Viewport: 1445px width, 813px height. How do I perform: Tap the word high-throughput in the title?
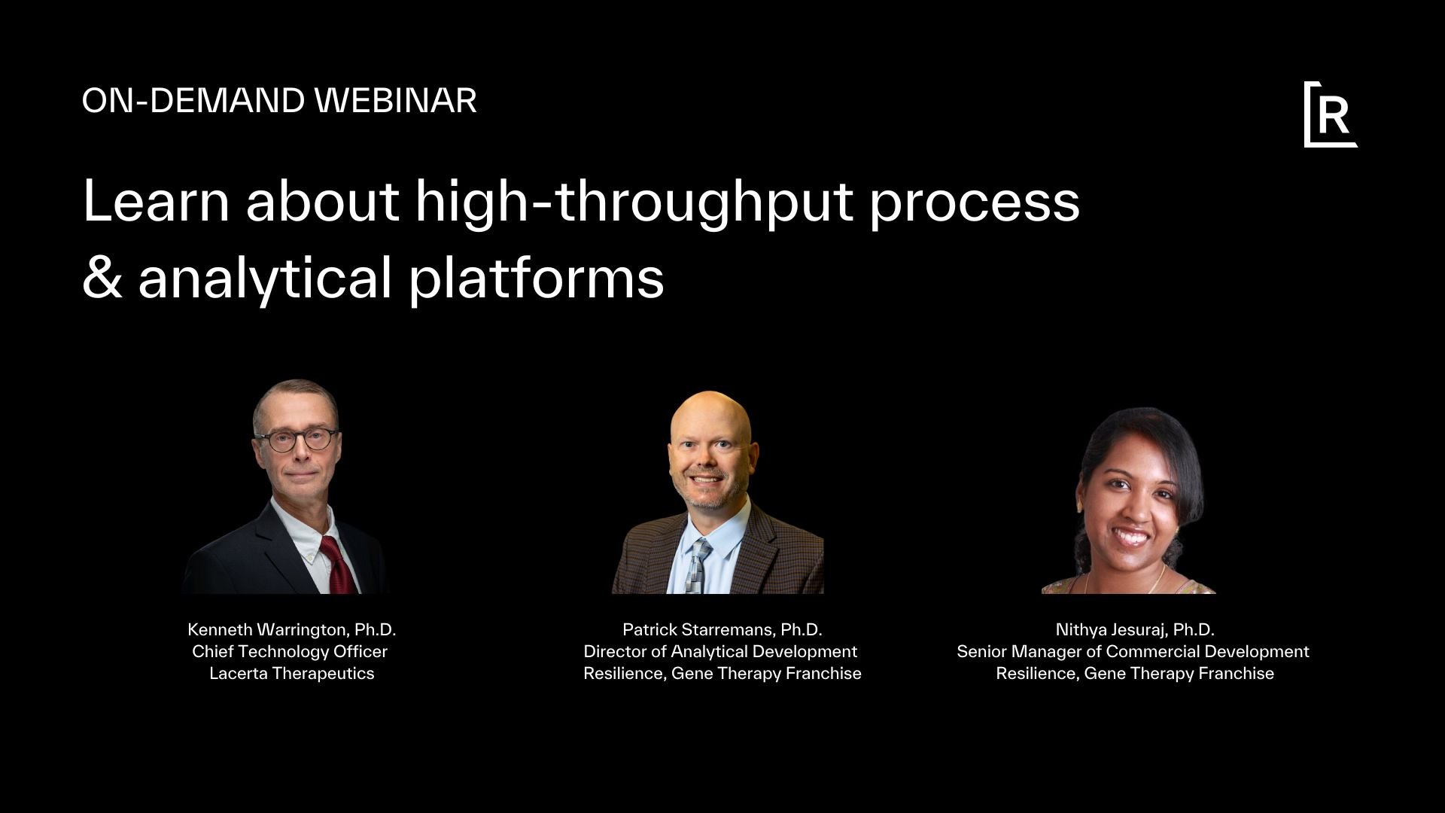click(x=634, y=202)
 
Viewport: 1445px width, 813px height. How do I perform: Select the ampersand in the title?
click(x=102, y=277)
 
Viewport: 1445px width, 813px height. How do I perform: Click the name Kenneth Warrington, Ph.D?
click(x=291, y=629)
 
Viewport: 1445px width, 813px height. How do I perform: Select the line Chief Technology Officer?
click(x=290, y=651)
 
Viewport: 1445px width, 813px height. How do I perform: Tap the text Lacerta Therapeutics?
click(x=291, y=673)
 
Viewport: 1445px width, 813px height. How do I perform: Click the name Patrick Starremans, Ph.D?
click(x=722, y=629)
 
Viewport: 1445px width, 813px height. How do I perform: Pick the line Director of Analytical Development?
click(x=720, y=651)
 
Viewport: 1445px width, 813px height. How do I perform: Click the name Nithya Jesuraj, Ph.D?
click(x=1134, y=629)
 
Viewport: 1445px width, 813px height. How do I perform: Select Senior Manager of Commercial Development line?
click(x=1133, y=651)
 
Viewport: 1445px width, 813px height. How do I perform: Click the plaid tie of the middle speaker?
click(x=698, y=565)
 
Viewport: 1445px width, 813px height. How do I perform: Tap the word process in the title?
click(x=974, y=202)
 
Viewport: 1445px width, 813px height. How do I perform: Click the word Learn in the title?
click(x=155, y=202)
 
